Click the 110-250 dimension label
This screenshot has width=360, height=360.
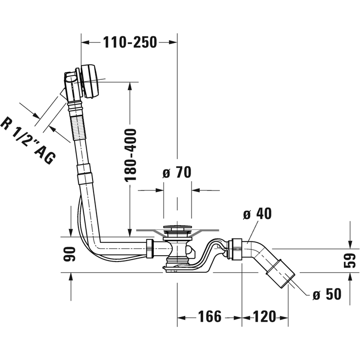[130, 43]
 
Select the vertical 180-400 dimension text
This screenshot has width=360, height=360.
[130, 155]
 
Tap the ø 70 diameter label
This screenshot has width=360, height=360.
[176, 172]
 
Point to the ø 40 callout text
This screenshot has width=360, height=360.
[257, 214]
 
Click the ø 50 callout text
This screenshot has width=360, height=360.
[326, 294]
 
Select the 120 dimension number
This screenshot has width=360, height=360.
[264, 317]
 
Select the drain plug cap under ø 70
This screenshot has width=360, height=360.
[177, 228]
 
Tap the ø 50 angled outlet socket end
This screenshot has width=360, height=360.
[281, 274]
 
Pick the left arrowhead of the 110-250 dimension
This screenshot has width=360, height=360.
[85, 43]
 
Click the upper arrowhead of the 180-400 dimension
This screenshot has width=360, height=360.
[130, 86]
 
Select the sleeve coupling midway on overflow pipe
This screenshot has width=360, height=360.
[85, 174]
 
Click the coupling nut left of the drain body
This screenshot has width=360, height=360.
[150, 248]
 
